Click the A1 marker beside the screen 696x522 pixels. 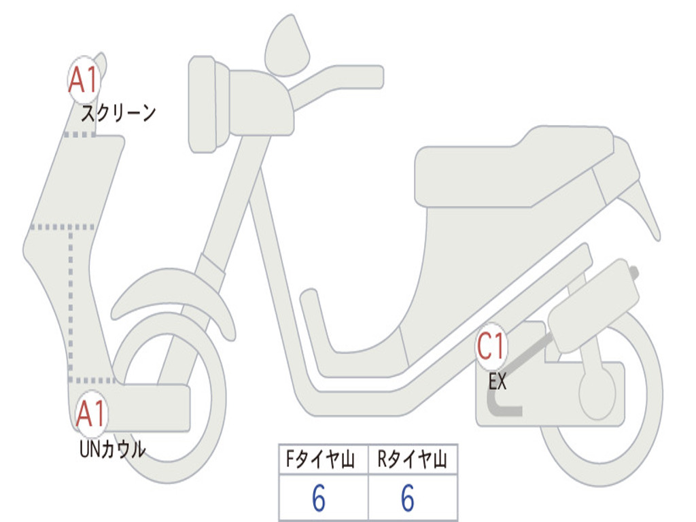(x=84, y=80)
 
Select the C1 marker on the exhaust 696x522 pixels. (x=491, y=346)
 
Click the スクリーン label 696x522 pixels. (x=118, y=113)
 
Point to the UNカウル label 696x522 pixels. (x=112, y=449)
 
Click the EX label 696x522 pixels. (x=497, y=381)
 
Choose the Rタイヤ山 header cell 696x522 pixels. (x=413, y=459)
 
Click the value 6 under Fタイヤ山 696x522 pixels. (x=319, y=498)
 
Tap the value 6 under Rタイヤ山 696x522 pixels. (x=408, y=498)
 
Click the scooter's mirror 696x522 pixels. (x=287, y=46)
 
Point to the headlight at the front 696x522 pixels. (x=203, y=104)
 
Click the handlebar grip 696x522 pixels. (x=355, y=77)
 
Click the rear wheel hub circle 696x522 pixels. (x=597, y=394)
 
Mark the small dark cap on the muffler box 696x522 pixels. (x=634, y=272)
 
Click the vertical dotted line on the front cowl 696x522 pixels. (x=71, y=304)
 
